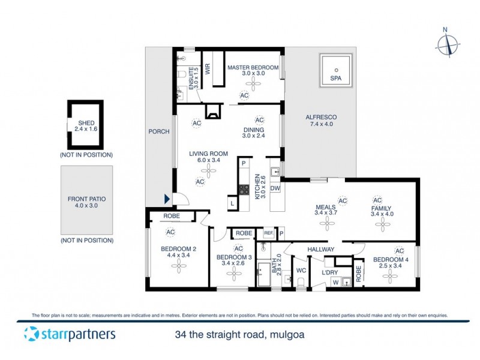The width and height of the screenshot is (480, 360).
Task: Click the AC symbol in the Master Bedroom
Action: [x=244, y=95]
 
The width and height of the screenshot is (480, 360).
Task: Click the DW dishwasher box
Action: [x=275, y=188]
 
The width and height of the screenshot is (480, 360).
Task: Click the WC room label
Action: [x=302, y=271]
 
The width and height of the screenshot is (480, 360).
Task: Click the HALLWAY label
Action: [x=321, y=249]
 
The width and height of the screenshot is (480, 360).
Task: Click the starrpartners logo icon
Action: [x=29, y=334]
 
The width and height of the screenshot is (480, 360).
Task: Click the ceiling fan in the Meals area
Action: [x=327, y=224]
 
